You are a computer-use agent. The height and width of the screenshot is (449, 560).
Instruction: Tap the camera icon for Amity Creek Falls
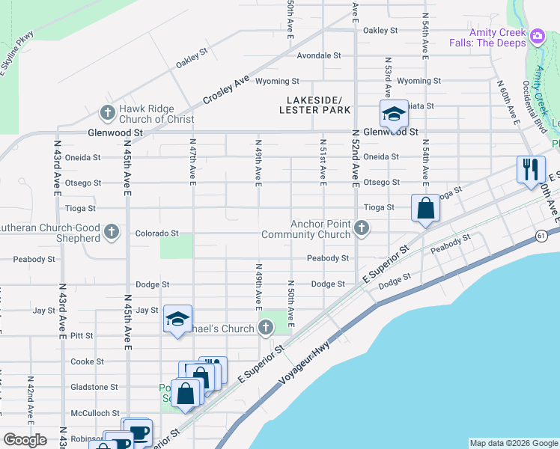538,36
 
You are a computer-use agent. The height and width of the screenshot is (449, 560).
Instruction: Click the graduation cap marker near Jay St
177,320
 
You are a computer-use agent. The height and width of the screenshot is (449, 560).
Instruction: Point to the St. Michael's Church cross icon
266,327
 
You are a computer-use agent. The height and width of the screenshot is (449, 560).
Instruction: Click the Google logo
25,441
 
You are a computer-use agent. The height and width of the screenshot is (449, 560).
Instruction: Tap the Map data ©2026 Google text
514,443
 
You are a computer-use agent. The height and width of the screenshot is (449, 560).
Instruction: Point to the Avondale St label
318,55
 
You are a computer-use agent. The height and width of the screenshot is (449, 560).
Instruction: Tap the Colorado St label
156,233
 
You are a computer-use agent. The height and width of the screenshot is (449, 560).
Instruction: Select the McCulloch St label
95,413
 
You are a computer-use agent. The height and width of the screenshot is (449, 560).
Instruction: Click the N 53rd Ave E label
388,76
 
